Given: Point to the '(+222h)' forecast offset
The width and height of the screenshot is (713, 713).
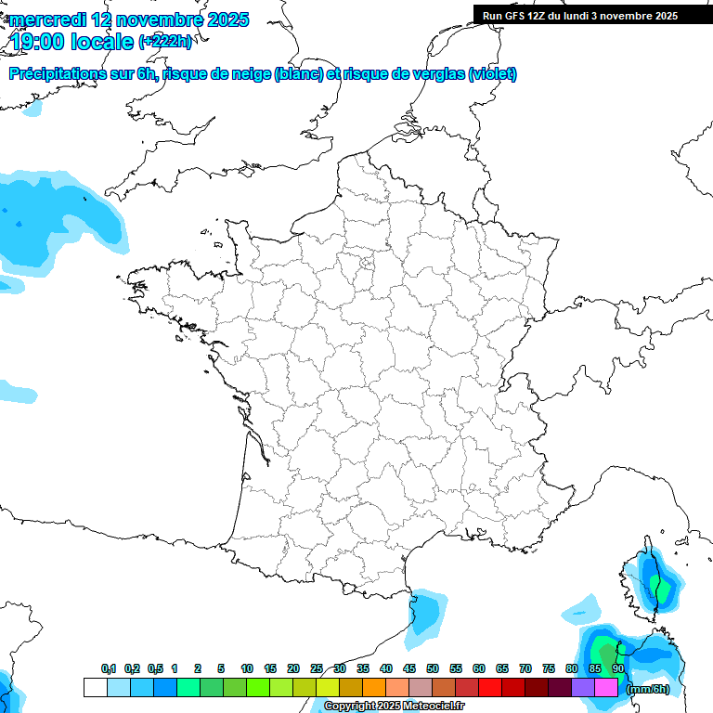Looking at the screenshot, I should click(x=165, y=42).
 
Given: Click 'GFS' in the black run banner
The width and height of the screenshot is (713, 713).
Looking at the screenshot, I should click(x=517, y=16).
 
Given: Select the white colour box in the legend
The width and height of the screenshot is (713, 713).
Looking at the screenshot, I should click(x=95, y=688).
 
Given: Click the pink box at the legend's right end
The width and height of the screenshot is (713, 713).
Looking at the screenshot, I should click(x=606, y=688).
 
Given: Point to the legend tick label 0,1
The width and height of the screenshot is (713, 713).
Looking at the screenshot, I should click(x=108, y=669).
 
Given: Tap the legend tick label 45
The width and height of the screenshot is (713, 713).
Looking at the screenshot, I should click(x=409, y=669).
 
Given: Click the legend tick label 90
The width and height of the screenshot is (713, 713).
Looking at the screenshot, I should click(x=617, y=669).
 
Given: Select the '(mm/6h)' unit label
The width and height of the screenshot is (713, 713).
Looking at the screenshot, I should click(x=647, y=689).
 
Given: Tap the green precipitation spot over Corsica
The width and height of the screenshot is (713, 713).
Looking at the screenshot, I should click(x=661, y=587).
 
